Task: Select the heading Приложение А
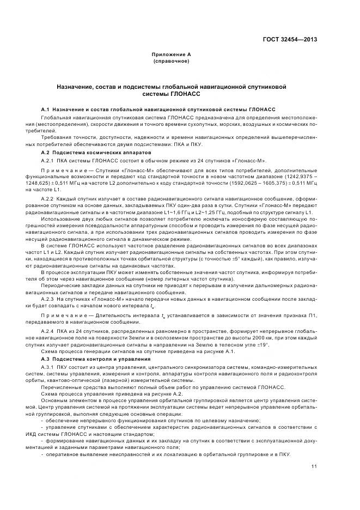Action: [171, 56]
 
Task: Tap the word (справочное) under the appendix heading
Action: [171, 62]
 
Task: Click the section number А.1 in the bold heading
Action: [46, 110]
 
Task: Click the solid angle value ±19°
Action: [264, 345]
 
